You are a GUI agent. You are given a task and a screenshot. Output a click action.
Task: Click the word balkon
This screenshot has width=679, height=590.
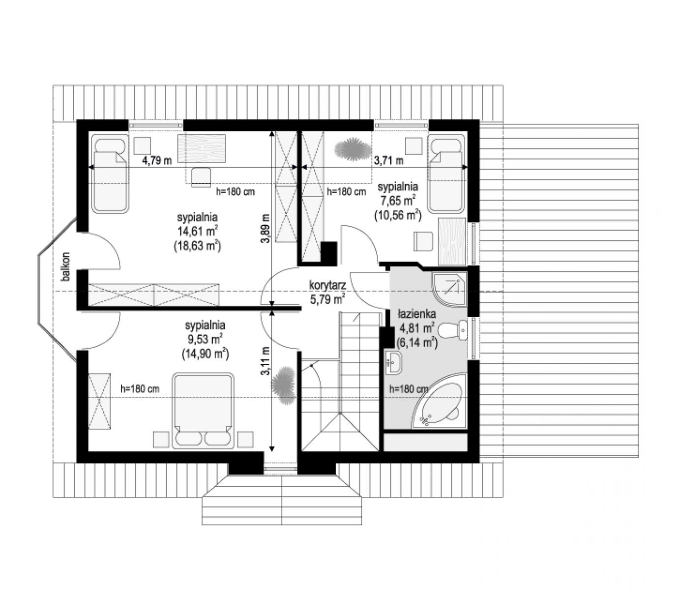point(66,267)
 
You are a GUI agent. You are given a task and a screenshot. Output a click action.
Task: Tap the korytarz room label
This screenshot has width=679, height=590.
point(327,285)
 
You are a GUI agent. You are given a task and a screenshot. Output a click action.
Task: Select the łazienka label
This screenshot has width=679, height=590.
point(417,314)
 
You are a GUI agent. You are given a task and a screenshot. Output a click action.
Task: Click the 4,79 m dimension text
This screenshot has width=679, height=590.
point(157,161)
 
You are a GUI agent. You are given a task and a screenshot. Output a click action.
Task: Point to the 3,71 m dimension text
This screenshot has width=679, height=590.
point(388,161)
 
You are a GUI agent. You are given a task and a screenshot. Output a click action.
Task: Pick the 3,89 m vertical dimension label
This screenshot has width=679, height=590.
point(266,228)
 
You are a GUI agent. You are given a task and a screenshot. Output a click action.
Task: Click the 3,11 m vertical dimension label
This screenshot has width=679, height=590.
point(266,361)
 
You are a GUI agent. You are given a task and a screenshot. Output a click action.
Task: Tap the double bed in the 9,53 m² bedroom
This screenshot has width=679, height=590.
point(203,411)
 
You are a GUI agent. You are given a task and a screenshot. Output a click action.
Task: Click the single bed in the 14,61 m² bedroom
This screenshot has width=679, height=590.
point(110,174)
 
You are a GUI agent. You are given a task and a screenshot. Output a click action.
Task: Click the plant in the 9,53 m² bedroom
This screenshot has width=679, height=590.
point(283,385)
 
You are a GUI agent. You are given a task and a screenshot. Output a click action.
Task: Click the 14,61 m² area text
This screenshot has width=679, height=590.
point(197,231)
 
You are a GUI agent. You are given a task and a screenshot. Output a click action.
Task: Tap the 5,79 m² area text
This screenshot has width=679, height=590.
point(328,299)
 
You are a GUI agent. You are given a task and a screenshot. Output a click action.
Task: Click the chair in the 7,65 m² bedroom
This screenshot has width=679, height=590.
point(423,241)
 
